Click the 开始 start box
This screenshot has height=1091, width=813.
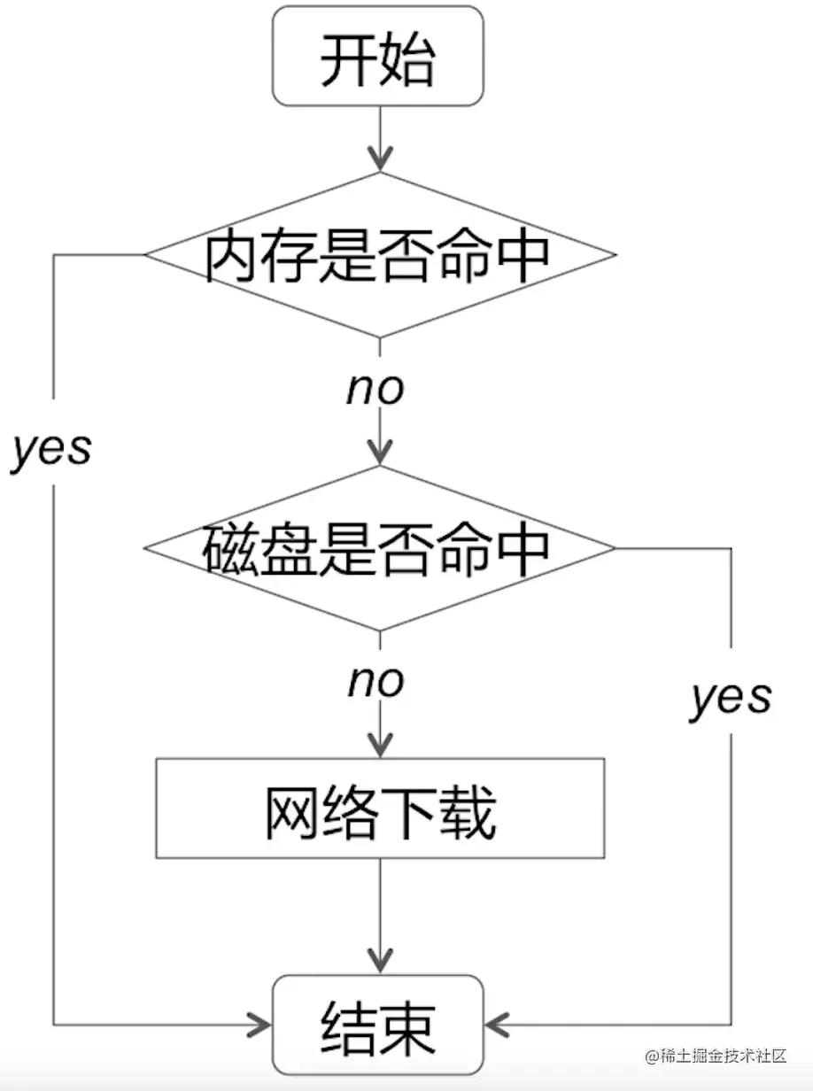(x=378, y=57)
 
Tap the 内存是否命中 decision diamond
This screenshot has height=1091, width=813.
(x=379, y=255)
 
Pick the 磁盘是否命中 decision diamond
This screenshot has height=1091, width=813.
(x=379, y=547)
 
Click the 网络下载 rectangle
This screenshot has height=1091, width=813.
(x=380, y=808)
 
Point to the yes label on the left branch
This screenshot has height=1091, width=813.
(x=51, y=449)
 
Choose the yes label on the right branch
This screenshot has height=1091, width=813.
(x=731, y=697)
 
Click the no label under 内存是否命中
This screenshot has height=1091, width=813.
(x=376, y=388)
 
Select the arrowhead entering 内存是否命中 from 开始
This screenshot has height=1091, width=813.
(x=380, y=161)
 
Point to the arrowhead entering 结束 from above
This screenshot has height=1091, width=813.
(x=380, y=963)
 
